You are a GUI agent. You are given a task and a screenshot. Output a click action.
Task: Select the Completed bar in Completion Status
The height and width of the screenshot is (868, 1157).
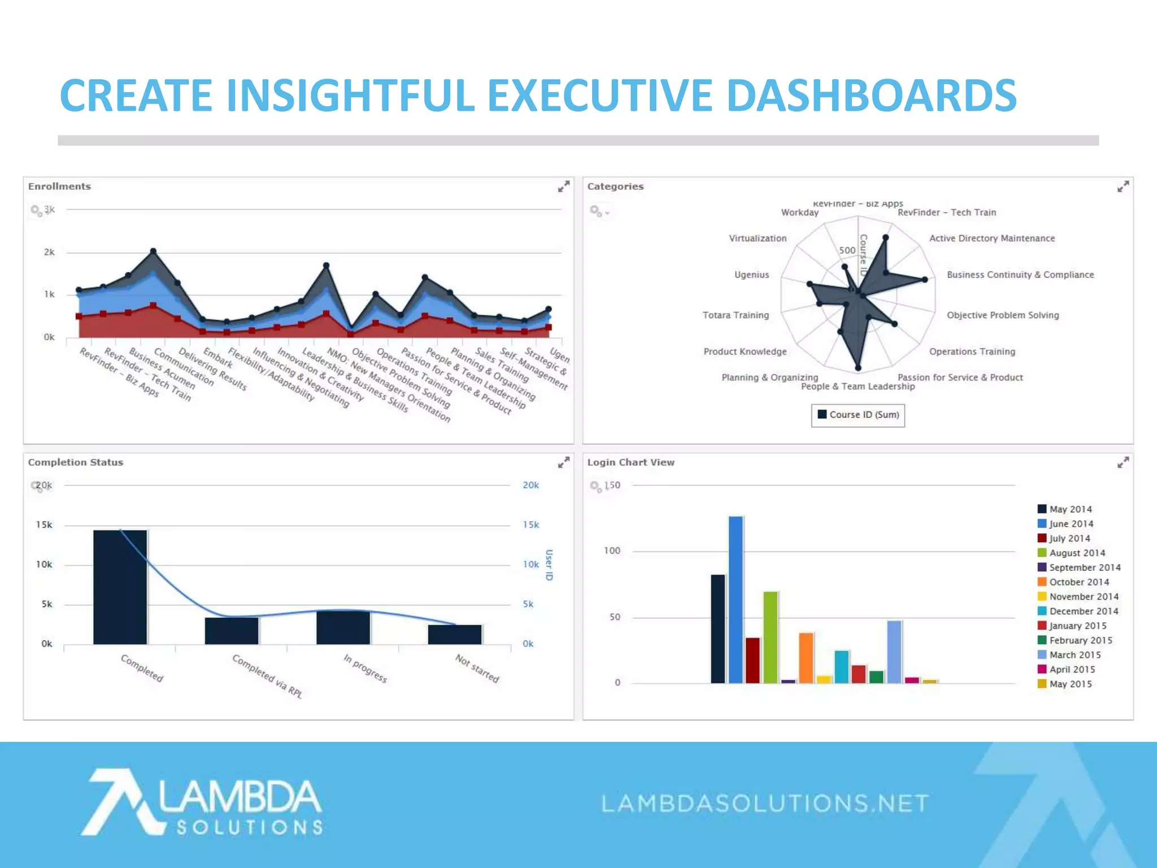(120, 588)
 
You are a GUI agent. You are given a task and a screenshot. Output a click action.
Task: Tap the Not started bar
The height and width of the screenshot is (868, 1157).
(455, 635)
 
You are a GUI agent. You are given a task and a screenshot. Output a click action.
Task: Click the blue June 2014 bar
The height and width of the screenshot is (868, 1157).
(736, 599)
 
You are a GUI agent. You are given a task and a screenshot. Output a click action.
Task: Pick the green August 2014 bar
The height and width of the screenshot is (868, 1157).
(771, 637)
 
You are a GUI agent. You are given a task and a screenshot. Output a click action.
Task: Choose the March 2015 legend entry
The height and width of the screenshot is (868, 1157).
(1075, 655)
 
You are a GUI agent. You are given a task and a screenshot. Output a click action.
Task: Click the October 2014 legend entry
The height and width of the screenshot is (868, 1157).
(1078, 582)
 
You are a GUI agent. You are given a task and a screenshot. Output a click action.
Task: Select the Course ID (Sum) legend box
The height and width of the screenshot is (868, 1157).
(858, 415)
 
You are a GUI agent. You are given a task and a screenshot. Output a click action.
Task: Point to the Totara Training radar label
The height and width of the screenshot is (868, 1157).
(736, 315)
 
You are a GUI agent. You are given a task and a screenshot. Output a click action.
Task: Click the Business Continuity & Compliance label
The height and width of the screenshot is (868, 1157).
(1020, 275)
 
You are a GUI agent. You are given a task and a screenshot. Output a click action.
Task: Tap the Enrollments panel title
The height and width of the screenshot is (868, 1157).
(59, 186)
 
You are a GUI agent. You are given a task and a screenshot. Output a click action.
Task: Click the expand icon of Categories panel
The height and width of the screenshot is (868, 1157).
(1123, 186)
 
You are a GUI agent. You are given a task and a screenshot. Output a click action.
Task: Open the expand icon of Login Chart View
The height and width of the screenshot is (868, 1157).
(1123, 462)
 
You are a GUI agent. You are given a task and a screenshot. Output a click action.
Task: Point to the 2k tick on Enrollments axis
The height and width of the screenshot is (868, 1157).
(49, 252)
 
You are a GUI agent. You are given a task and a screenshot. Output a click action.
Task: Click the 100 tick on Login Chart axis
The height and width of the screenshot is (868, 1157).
(612, 551)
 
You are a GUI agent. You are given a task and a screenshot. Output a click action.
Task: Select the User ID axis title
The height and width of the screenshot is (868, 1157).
(549, 565)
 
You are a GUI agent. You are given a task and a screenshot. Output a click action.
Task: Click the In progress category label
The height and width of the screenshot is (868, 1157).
(366, 669)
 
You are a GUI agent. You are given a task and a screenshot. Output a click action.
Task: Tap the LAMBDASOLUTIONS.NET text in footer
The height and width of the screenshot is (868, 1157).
(765, 803)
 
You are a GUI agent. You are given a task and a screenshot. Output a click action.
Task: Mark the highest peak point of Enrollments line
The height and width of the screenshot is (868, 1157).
(153, 251)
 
